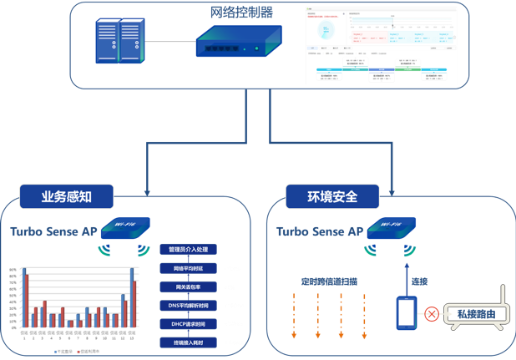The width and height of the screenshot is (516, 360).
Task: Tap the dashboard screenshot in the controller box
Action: pyautogui.click(x=382, y=47)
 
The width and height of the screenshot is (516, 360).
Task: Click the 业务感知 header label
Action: pyautogui.click(x=66, y=196)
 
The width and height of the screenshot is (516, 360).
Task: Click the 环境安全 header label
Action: pyautogui.click(x=332, y=196)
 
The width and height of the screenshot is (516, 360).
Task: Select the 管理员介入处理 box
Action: pyautogui.click(x=188, y=249)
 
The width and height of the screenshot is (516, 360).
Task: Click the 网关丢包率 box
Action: pyautogui.click(x=188, y=286)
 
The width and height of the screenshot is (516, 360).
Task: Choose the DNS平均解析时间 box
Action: pyautogui.click(x=188, y=306)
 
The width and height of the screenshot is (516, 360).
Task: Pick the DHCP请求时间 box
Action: pyautogui.click(x=188, y=324)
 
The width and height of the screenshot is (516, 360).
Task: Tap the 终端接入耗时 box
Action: pyautogui.click(x=188, y=343)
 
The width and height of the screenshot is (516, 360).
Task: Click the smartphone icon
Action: pyautogui.click(x=407, y=313)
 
